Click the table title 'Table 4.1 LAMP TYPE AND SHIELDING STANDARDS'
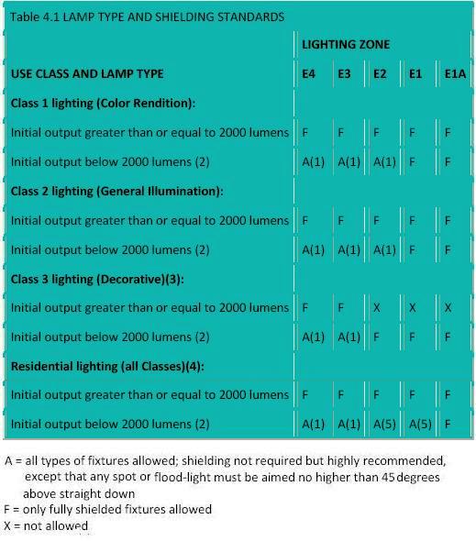(x=148, y=17)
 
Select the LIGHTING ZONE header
(x=346, y=44)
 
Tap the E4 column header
(x=309, y=73)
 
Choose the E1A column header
(x=455, y=73)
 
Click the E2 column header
(x=380, y=73)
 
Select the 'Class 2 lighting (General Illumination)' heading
(x=116, y=191)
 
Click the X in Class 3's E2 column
(x=376, y=308)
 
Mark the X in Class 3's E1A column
(x=448, y=308)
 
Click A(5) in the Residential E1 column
(x=420, y=425)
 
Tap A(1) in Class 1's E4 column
(x=314, y=161)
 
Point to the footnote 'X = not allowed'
(x=47, y=525)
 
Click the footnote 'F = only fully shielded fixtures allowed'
(x=108, y=509)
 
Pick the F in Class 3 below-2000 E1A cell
(x=448, y=337)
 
